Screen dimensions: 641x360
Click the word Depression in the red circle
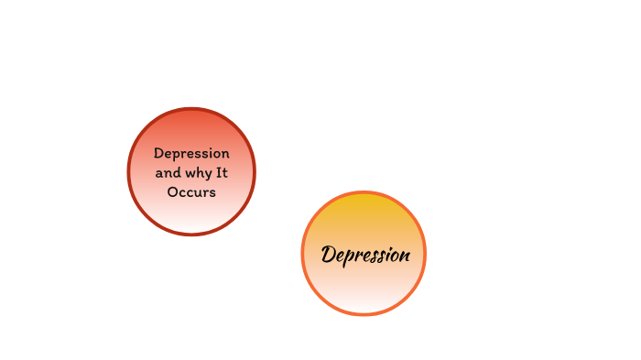191,153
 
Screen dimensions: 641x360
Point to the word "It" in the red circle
222,172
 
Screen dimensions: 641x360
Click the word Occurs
191,192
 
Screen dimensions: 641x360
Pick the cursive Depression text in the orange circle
364,255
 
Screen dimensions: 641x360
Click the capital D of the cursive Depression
330,254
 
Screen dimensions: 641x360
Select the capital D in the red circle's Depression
158,153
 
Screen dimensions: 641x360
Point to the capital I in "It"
219,172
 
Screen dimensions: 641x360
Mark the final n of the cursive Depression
404,255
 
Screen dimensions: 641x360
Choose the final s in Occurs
212,193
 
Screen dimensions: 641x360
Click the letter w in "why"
188,173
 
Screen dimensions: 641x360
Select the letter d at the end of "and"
176,172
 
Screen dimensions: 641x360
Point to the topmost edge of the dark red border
191,109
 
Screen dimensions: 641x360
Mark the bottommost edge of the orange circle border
364,314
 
